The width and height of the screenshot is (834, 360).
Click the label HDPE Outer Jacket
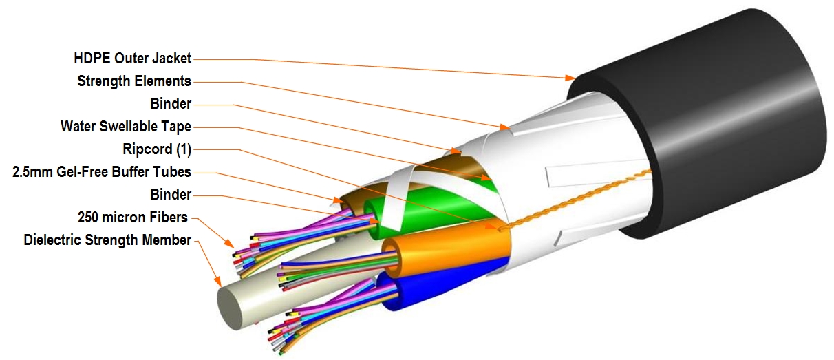tap(133, 59)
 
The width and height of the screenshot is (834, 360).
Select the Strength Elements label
tap(134, 81)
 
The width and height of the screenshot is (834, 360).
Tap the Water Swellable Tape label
tap(126, 127)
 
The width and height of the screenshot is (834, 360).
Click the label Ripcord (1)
tap(157, 149)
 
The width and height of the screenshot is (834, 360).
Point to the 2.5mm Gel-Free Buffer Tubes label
tap(102, 172)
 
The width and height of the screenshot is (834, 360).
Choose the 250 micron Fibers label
tap(133, 218)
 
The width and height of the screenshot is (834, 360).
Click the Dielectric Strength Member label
tap(107, 240)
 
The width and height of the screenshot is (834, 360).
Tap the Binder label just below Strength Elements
tap(171, 104)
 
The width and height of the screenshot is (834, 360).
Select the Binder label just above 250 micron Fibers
tap(171, 195)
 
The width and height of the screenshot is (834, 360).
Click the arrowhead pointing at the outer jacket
tap(570, 78)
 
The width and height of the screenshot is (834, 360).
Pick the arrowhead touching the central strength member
tap(217, 281)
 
